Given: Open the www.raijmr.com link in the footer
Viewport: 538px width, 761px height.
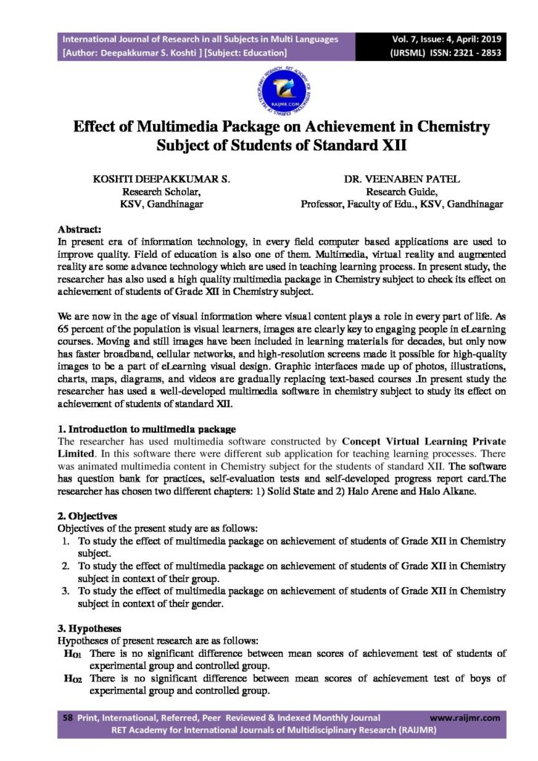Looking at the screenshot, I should (464, 718).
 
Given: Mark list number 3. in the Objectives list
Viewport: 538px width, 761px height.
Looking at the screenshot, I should (66, 592).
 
